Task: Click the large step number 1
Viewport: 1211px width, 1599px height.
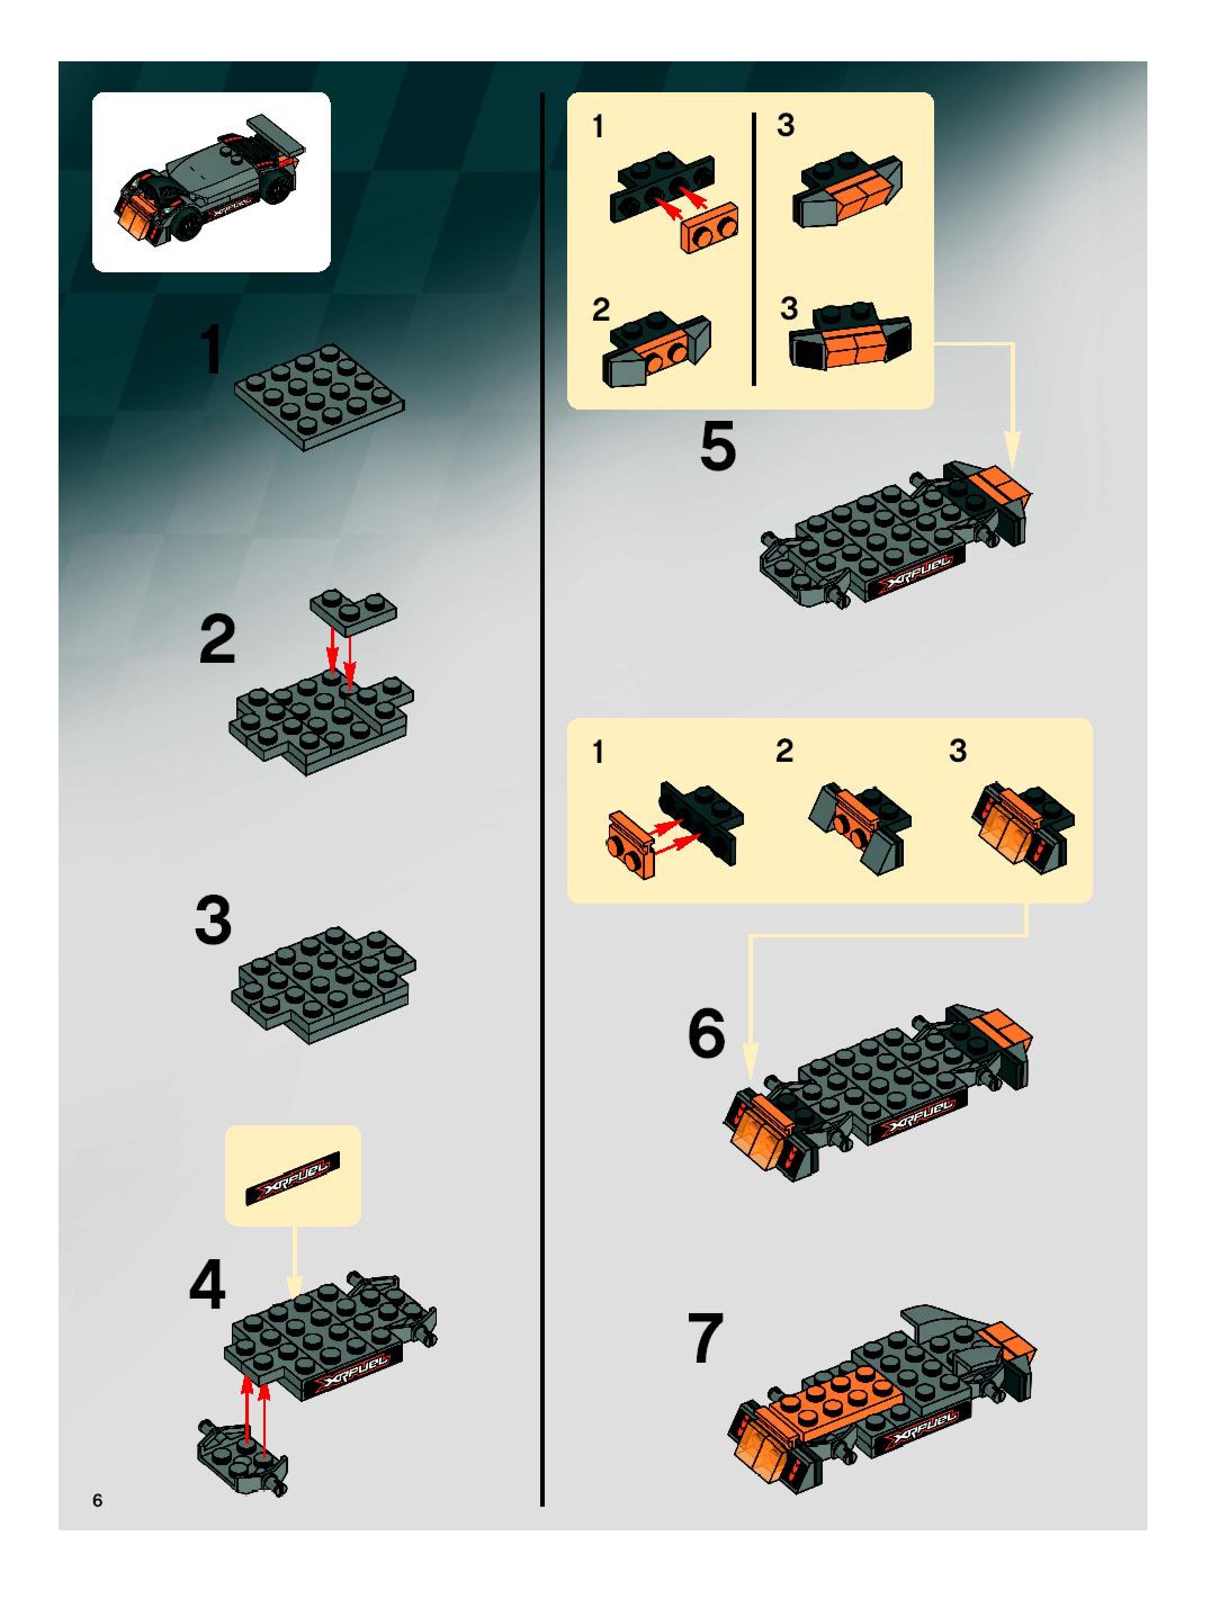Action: (212, 350)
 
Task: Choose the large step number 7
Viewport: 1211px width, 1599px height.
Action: (706, 1339)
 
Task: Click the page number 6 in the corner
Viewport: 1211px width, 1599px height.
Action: (97, 1500)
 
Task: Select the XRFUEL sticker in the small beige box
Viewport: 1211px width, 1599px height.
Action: (293, 1178)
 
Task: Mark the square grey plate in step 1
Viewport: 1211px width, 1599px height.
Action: (320, 396)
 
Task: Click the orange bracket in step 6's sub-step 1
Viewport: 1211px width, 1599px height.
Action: (632, 843)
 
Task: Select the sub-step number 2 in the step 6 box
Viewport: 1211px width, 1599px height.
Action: (784, 751)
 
